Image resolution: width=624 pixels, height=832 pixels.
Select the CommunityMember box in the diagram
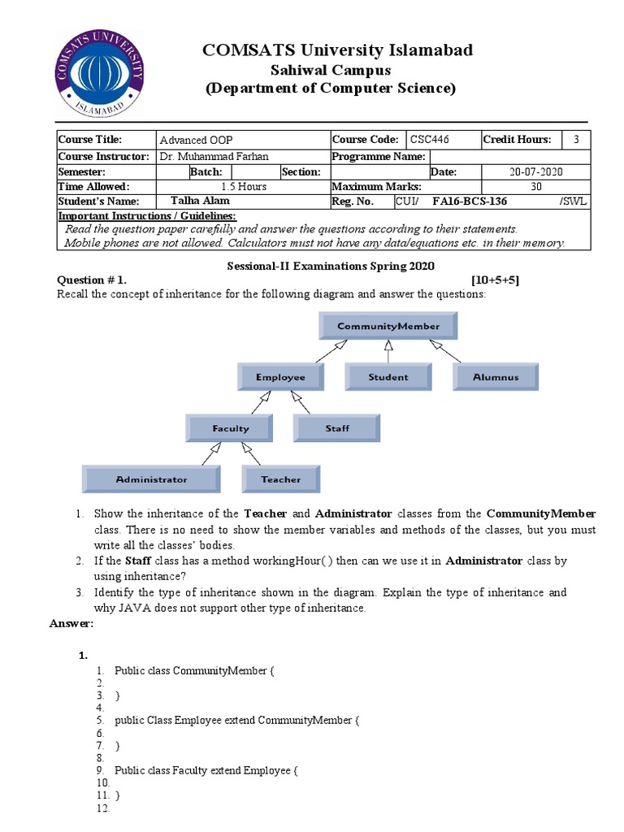[388, 327]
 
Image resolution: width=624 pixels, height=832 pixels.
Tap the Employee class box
[280, 377]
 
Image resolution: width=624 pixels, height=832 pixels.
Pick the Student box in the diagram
[388, 377]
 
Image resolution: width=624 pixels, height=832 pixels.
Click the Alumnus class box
[496, 377]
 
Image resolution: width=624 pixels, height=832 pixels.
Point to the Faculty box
[230, 428]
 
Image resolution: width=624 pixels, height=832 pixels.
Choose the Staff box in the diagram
[337, 428]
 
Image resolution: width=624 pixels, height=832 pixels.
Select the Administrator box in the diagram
[151, 479]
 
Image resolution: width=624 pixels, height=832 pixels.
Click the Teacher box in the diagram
[280, 479]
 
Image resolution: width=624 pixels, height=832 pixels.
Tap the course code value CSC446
[430, 140]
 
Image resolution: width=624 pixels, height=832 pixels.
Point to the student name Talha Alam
[200, 201]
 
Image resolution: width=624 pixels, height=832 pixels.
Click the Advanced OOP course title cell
[196, 140]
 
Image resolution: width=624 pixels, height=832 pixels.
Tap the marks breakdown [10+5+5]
[495, 280]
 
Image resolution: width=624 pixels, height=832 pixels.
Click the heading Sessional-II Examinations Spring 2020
[330, 266]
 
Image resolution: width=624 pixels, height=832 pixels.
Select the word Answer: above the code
[72, 623]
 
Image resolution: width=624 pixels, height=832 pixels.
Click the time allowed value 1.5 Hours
[244, 187]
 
